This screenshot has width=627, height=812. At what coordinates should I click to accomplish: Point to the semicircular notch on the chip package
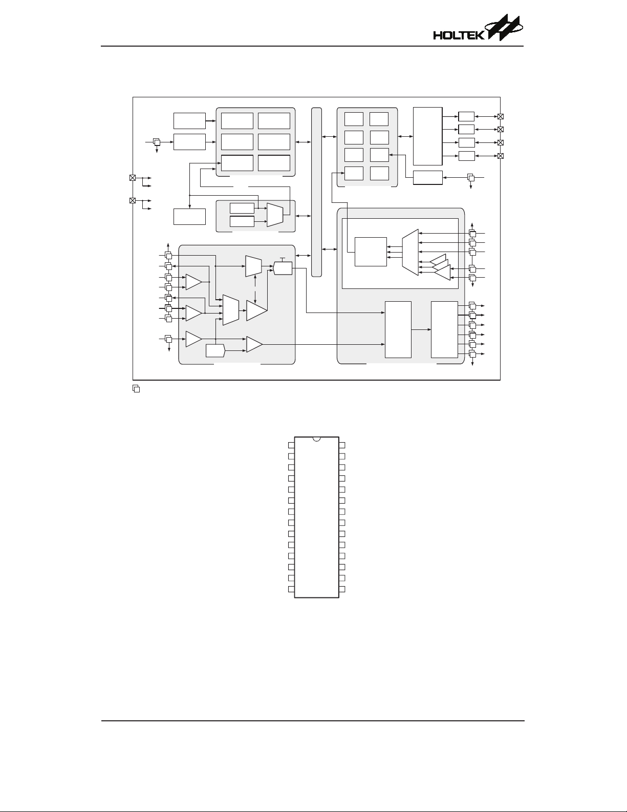coord(316,439)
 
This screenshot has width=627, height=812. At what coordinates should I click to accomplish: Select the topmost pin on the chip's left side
coord(291,445)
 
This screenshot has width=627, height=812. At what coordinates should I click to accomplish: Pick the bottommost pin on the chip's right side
coord(342,589)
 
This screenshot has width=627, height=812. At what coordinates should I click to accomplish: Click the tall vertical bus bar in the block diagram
coord(316,192)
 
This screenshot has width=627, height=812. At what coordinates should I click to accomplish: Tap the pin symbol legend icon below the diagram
coord(136,389)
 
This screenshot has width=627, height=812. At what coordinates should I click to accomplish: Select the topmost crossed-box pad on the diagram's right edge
coord(501,117)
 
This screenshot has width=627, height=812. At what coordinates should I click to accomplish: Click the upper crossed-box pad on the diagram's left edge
coord(133,178)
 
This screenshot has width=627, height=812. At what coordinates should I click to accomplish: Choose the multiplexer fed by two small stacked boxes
coord(275,215)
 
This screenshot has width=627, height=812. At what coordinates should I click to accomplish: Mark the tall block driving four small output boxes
coord(427,136)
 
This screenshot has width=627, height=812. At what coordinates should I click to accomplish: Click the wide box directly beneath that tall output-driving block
coord(427,177)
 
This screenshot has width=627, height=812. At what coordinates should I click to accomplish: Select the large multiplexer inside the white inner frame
coord(410,252)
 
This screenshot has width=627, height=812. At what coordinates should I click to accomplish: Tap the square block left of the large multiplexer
coord(371,252)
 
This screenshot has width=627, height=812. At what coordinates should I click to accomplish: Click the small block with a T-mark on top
coord(283,267)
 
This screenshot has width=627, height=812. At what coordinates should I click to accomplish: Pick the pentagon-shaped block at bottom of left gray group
coord(215,351)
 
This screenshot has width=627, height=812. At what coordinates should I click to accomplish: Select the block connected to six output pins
coord(444,329)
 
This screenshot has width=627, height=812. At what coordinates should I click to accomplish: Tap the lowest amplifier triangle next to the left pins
coord(193,339)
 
